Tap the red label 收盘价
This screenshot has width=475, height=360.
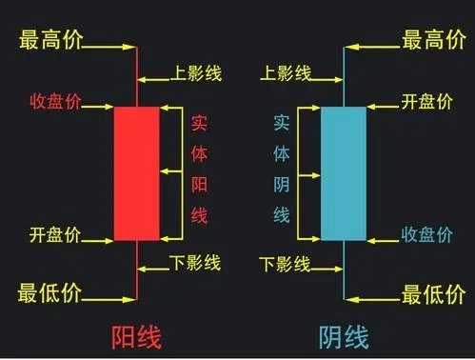point(54,100)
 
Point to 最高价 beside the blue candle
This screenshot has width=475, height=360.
point(432,40)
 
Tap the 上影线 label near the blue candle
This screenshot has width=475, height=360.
point(285,72)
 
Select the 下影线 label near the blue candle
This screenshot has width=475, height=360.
point(285,263)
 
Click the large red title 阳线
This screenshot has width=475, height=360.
point(136,336)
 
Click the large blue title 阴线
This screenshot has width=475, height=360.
point(343,336)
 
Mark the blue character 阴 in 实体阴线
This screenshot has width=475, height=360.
point(282,183)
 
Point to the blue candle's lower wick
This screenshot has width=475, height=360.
point(343,271)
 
